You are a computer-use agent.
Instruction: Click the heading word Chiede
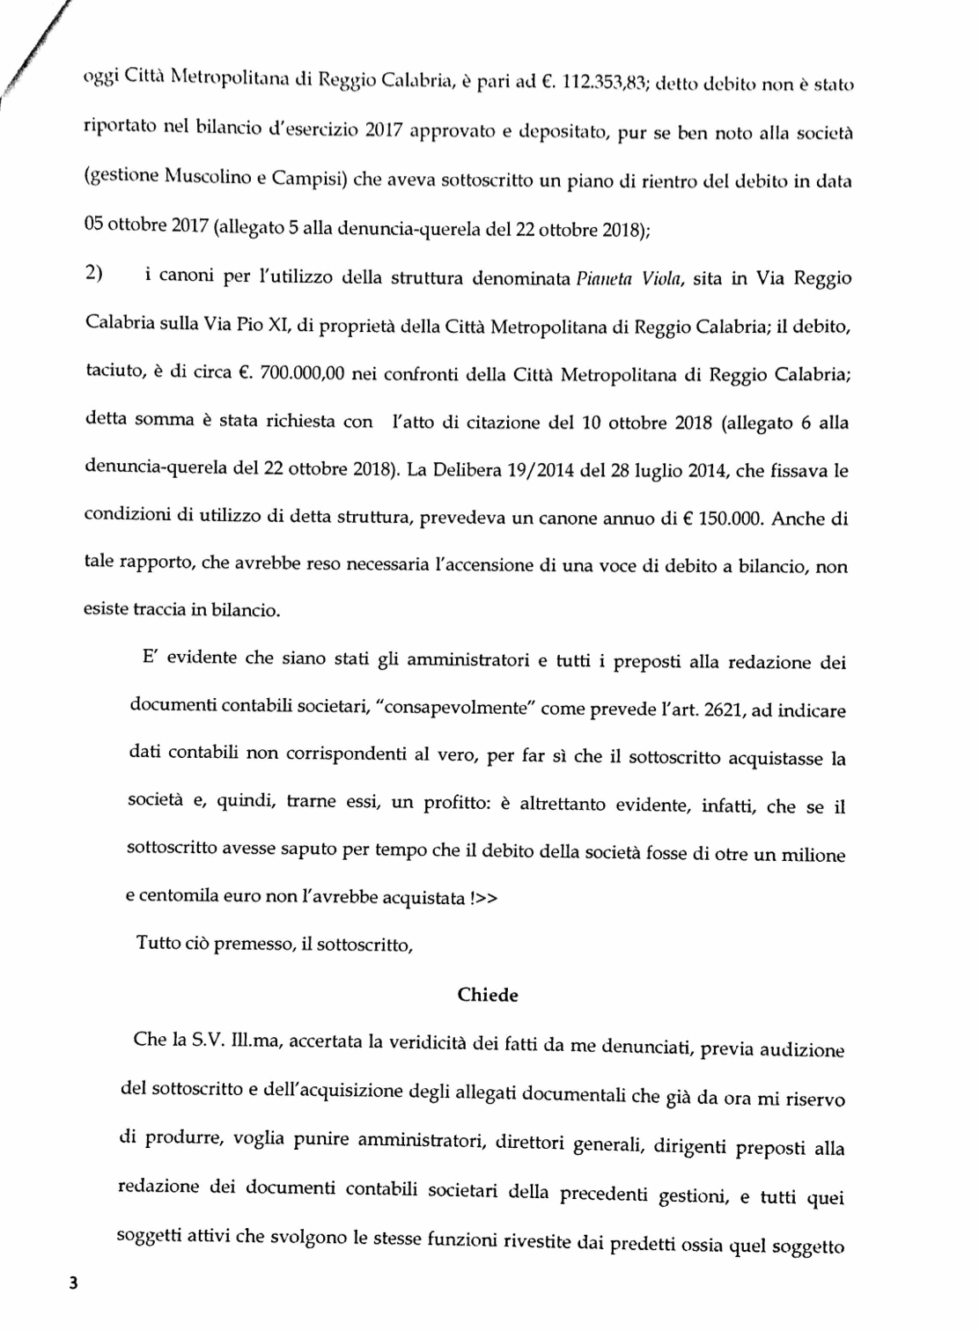[x=488, y=995]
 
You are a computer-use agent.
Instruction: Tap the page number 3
[x=74, y=1283]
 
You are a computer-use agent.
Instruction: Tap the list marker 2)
[x=94, y=276]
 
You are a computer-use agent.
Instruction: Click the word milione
[x=812, y=854]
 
